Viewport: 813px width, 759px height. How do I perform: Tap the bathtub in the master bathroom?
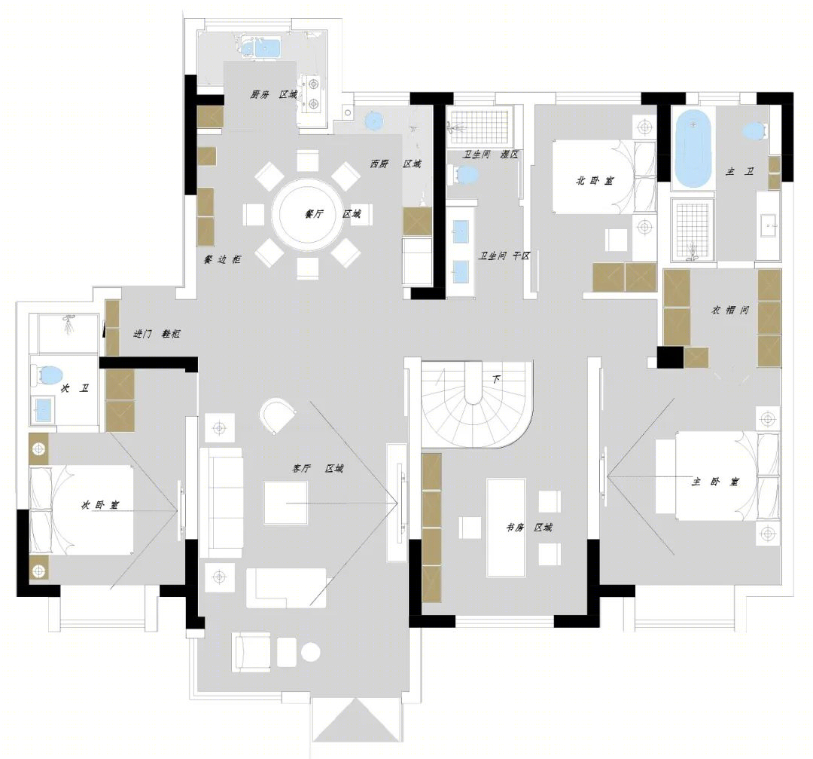[692, 148]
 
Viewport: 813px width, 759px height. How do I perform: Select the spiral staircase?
[477, 404]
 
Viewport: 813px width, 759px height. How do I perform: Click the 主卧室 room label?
[715, 482]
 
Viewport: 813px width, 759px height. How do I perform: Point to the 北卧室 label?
[595, 181]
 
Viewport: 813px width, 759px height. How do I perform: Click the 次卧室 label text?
[100, 504]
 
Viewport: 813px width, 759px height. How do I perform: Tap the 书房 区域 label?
[529, 528]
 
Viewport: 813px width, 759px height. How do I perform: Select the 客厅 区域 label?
[318, 468]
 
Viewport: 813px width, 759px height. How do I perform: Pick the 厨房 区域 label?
[274, 94]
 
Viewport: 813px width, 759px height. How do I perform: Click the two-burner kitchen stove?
[313, 94]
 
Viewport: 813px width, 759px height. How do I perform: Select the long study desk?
[506, 528]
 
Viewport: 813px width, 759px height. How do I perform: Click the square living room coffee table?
[286, 503]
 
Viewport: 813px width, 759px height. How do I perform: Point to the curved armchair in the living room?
[277, 415]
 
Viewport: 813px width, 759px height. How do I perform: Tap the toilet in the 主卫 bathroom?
[754, 131]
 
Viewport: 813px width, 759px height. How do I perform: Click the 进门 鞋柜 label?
[157, 334]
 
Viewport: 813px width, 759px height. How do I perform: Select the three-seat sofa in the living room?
[221, 503]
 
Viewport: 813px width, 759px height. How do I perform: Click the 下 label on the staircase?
[495, 380]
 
